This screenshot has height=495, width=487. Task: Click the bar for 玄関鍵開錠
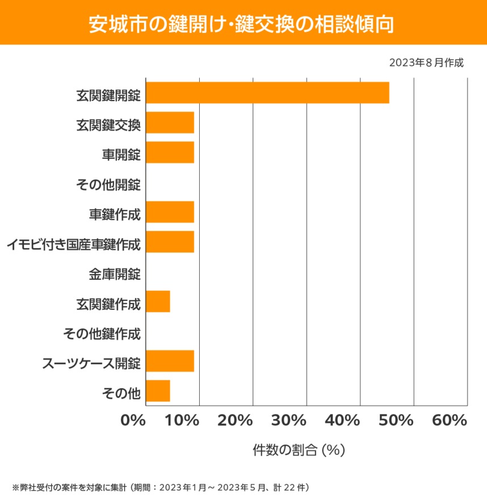[267, 93]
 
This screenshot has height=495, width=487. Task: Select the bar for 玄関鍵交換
[170, 123]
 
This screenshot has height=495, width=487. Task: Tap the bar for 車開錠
[170, 152]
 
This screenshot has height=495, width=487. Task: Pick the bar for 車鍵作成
[170, 212]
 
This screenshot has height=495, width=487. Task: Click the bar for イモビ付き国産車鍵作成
[170, 242]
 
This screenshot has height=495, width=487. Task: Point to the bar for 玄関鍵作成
[158, 301]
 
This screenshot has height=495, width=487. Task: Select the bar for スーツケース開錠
[170, 361]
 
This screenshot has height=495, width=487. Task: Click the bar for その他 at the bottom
[158, 391]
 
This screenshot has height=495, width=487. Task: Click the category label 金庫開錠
[114, 275]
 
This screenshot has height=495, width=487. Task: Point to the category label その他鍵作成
[102, 334]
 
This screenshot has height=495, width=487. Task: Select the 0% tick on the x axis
[133, 421]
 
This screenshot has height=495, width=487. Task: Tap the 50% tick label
[396, 421]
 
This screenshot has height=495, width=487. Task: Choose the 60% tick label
[449, 421]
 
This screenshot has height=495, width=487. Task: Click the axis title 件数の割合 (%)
[299, 450]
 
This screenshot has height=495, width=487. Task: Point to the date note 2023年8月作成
[426, 63]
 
